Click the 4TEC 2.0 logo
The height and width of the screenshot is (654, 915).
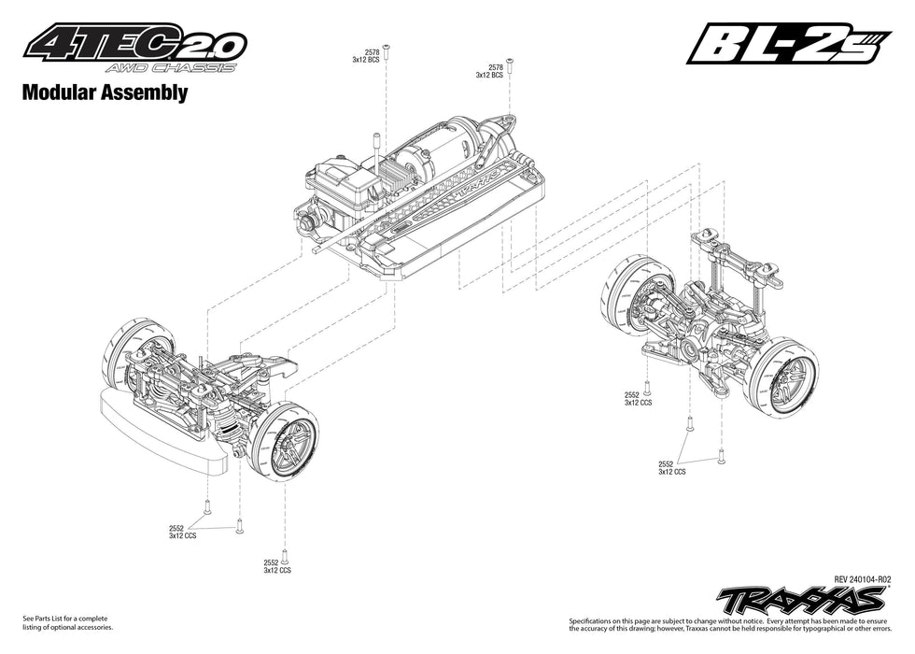(x=135, y=42)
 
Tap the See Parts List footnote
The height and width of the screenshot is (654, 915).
(x=65, y=622)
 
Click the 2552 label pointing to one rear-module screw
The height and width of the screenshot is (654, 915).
(x=638, y=399)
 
